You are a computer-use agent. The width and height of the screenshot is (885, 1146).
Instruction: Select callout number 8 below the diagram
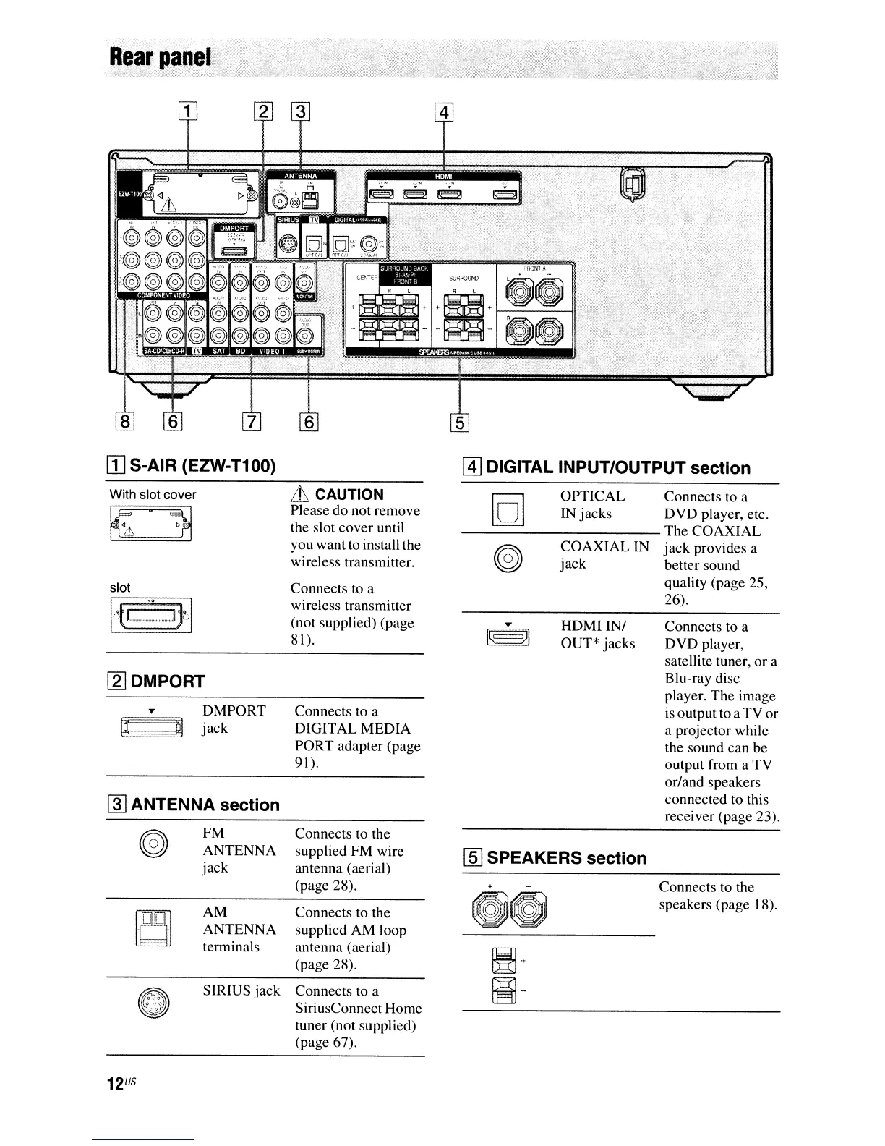pos(125,422)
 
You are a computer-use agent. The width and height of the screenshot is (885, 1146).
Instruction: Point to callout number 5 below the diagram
pos(461,422)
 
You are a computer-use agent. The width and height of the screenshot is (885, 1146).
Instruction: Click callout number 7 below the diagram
pos(251,422)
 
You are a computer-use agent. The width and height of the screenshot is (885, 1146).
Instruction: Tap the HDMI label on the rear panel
pos(442,176)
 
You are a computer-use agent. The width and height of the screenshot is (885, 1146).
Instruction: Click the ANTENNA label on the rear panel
pos(299,176)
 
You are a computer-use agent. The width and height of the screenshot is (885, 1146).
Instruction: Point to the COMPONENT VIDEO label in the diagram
pos(163,294)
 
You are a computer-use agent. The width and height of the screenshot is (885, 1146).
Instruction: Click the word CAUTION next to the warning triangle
pos(349,495)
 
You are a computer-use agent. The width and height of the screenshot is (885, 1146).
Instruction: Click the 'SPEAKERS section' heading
pos(566,858)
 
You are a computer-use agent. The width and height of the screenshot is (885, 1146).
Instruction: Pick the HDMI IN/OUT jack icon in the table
pos(509,634)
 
